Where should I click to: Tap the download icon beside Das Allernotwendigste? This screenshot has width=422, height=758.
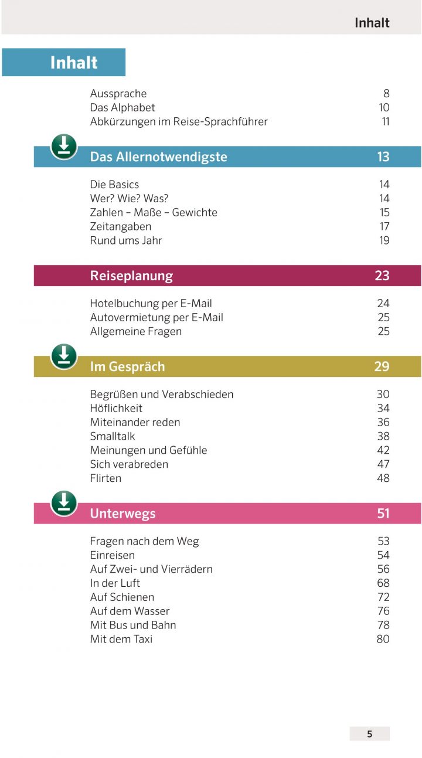point(64,147)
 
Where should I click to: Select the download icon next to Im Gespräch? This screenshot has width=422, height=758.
point(64,356)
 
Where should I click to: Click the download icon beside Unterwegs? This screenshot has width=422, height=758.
point(64,504)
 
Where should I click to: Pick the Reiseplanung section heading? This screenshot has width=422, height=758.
point(131,276)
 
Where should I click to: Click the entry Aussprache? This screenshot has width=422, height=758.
point(118,93)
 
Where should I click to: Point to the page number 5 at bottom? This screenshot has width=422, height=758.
point(369,734)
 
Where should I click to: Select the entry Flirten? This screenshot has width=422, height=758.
point(105,478)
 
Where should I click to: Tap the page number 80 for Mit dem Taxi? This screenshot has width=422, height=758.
point(383,639)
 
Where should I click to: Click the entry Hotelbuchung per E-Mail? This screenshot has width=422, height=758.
point(151,303)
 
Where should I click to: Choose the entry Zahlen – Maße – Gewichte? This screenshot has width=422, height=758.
point(154,212)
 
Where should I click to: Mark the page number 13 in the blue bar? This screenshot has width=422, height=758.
point(383,157)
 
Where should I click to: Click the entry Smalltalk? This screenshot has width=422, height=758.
point(113,436)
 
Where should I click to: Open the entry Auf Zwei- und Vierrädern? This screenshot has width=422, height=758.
point(151,569)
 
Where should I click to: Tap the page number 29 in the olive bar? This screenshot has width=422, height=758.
point(382,366)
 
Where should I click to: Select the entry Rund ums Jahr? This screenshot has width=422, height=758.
point(126,240)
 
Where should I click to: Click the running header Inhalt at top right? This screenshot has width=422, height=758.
point(372,23)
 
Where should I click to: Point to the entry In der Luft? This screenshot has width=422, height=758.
point(115,583)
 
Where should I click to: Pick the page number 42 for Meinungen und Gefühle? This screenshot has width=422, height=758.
point(383,450)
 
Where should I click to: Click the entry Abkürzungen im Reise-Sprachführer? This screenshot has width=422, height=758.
point(179,121)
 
